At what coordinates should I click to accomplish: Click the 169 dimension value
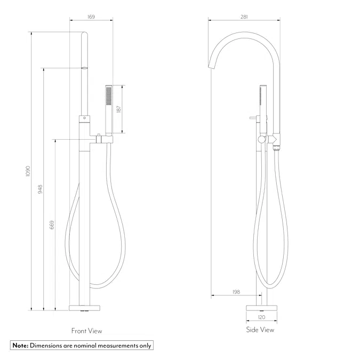tap(91, 17)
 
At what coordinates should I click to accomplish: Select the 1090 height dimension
tap(28, 172)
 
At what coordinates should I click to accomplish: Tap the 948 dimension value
tap(41, 189)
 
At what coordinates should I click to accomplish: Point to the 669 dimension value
tap(52, 225)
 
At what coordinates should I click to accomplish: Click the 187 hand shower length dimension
tap(119, 109)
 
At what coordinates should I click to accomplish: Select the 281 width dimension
tap(244, 17)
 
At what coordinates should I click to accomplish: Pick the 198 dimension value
tap(236, 292)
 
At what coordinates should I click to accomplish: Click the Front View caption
tap(86, 331)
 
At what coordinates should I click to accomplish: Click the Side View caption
tap(260, 330)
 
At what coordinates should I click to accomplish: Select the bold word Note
tap(20, 346)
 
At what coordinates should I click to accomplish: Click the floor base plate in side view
tap(261, 307)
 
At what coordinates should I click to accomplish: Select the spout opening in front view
tap(84, 68)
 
